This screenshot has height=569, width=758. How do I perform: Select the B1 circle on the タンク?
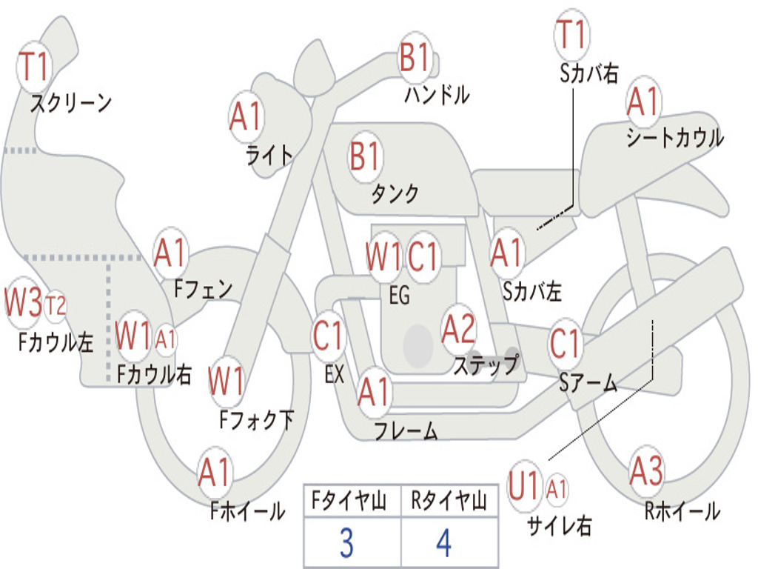[365, 157]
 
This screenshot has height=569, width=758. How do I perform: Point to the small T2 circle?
[56, 305]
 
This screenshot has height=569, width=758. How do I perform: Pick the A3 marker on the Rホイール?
[647, 471]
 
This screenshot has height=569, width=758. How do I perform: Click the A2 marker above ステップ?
[459, 329]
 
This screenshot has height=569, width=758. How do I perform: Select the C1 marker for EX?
[329, 336]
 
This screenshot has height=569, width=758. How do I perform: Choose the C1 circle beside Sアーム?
[566, 344]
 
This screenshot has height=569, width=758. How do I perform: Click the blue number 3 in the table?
[346, 544]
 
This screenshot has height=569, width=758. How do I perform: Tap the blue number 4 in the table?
[444, 544]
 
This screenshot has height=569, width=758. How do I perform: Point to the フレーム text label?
[406, 431]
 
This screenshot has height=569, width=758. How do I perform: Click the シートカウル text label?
[674, 138]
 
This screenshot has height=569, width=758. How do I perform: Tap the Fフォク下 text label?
[257, 420]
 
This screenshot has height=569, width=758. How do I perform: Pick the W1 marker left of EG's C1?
[383, 257]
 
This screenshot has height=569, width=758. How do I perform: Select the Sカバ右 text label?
[588, 73]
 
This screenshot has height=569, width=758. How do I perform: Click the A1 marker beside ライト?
[246, 116]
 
